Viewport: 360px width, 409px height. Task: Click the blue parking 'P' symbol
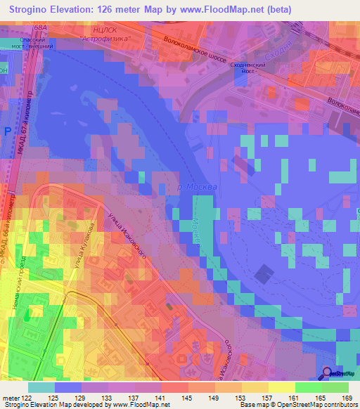point(8,133)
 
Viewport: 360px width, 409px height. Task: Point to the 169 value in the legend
point(347,398)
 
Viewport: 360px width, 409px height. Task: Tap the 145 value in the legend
point(187,398)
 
